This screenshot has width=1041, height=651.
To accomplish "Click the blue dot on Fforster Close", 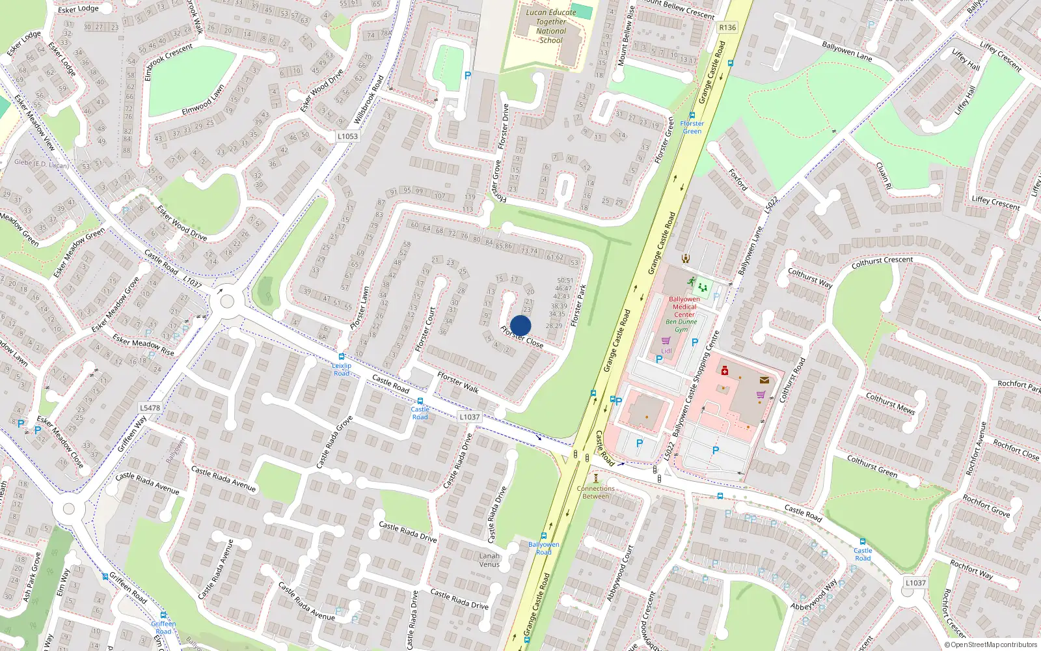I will point(520,325).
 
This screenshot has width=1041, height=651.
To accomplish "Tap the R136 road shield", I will point(727,27).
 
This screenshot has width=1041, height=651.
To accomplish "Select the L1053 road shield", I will point(347,136).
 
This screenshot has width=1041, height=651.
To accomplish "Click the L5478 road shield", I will point(150,408).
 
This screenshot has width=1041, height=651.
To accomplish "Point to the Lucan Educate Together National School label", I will point(551,26).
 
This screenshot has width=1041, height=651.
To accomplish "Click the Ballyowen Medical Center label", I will point(684,307).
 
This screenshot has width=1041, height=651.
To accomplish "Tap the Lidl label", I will point(666,351).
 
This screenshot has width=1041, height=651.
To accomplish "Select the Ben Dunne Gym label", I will point(681,325).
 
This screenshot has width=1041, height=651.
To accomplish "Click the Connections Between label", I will point(595,492).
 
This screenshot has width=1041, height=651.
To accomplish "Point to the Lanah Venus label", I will point(489,560).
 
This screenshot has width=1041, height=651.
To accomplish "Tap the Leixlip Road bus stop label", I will point(342,369).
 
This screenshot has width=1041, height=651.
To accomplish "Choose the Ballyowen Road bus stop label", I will point(543,548).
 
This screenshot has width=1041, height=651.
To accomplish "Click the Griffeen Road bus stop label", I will point(163,628).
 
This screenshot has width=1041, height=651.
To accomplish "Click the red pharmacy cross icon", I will point(724,371).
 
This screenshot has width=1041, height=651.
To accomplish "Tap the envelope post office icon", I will point(764,380).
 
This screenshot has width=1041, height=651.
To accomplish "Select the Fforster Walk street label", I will point(458,382).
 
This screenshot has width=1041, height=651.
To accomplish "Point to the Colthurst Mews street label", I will point(890,404).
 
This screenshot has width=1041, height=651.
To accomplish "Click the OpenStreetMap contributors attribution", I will point(990,644).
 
